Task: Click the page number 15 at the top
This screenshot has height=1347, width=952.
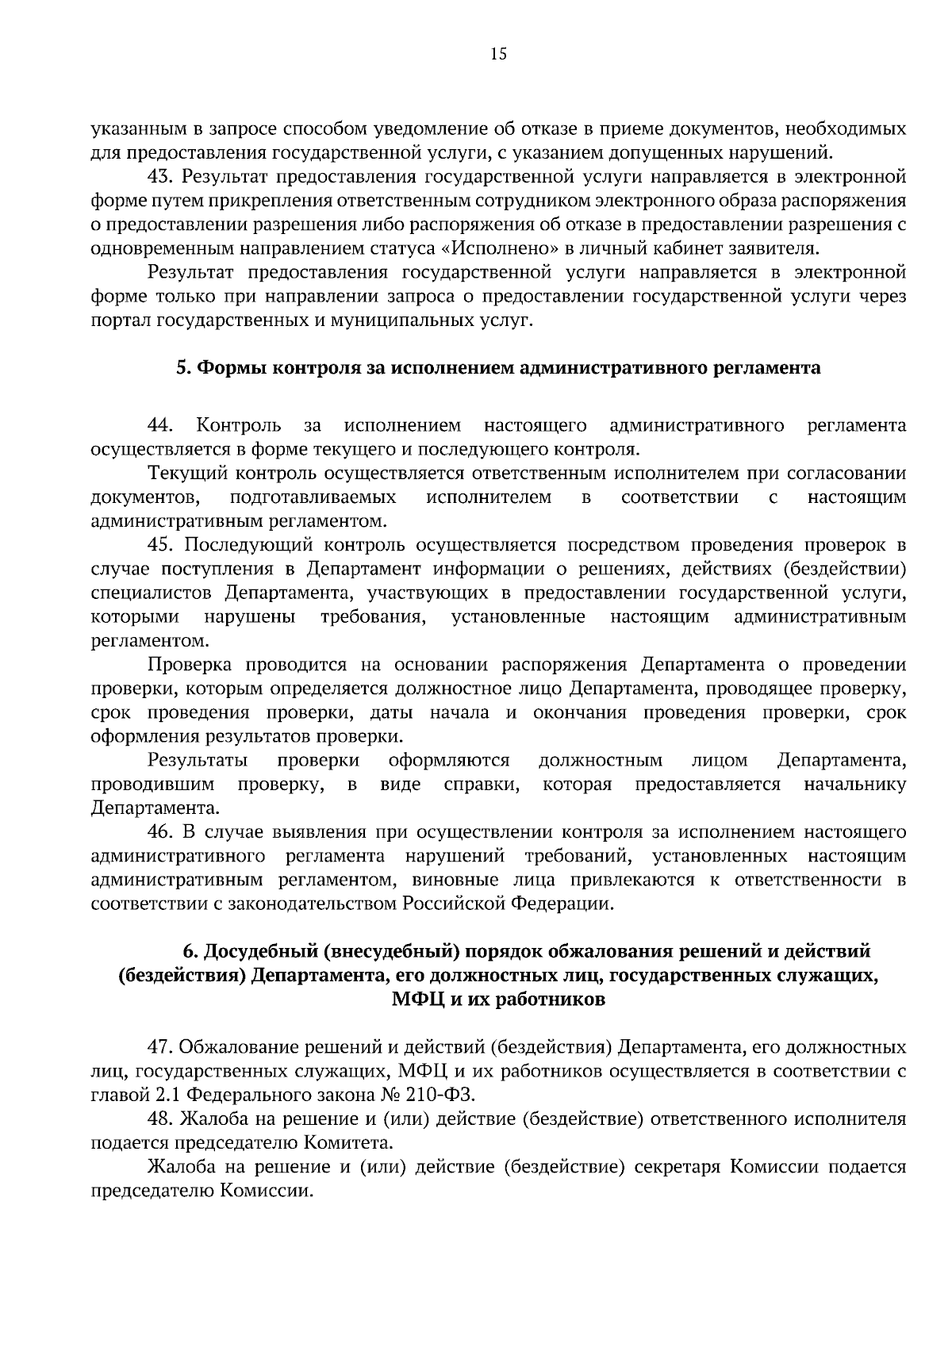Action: (498, 54)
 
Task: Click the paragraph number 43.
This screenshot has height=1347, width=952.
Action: (161, 176)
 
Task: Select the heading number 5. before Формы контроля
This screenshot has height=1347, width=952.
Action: (182, 368)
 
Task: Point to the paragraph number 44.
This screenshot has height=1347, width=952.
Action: (160, 426)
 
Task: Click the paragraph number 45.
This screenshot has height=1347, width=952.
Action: (161, 545)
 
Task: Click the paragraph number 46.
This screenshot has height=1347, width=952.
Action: (161, 832)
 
